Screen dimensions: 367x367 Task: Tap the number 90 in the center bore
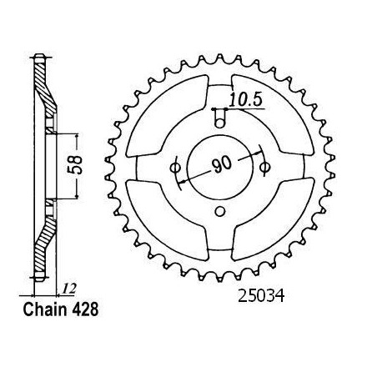coord(221,164)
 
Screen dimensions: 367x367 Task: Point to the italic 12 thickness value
coord(68,289)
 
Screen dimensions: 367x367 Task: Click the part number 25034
coord(261,296)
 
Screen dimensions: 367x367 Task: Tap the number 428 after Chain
coord(86,309)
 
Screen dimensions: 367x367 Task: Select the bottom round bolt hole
coord(220,212)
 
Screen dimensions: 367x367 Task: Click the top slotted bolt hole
coord(220,118)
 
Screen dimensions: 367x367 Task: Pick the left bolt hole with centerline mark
coord(175,168)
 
